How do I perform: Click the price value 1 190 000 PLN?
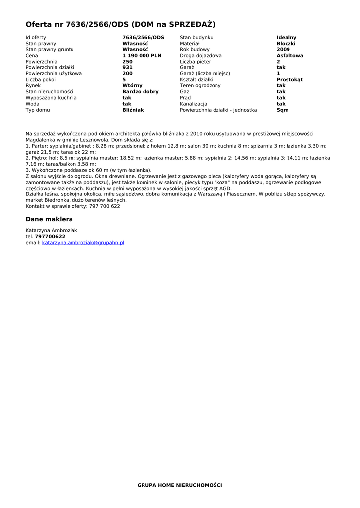tap(142, 56)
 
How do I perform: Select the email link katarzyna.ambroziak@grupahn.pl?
tap(83, 243)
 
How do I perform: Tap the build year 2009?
tap(283, 50)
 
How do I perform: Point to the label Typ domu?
tap(38, 110)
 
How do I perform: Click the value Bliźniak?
tap(133, 110)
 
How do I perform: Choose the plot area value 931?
tap(127, 67)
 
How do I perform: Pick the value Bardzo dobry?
tap(141, 92)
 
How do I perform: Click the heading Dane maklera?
tap(49, 219)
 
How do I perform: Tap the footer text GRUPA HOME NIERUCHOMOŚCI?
tap(180, 485)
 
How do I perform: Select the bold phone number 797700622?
tap(50, 237)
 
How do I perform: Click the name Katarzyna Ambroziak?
tap(51, 231)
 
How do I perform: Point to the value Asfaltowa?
tap(290, 56)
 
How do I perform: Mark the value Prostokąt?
tap(289, 80)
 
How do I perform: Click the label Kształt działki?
tap(196, 80)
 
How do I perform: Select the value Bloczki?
tap(286, 44)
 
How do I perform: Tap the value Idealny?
tap(287, 38)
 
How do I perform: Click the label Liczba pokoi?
tap(41, 80)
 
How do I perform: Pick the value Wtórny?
tap(132, 86)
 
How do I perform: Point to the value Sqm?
tap(282, 110)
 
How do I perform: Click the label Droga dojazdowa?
tap(201, 56)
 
